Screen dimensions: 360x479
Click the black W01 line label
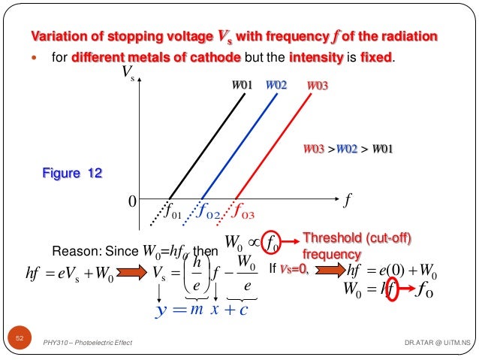(240, 86)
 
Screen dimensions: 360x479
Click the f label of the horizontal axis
(347, 201)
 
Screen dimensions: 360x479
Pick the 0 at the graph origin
(131, 201)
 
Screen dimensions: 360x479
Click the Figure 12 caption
(72, 174)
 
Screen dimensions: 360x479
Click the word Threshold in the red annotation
(328, 238)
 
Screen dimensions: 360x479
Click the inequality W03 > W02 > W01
(348, 148)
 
